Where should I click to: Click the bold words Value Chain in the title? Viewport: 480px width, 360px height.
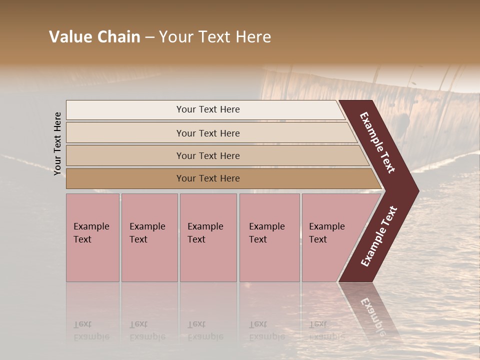94,37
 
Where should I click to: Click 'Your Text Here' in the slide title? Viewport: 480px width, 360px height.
215,37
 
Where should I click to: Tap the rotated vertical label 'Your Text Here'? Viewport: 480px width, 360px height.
57,143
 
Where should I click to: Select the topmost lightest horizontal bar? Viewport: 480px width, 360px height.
125,110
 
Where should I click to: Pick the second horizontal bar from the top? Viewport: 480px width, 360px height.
125,133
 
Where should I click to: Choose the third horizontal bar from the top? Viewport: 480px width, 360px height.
125,155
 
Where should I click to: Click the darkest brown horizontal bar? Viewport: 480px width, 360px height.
125,178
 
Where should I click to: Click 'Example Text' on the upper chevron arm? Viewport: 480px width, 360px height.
377,142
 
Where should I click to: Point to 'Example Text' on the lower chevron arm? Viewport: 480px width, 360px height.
378,236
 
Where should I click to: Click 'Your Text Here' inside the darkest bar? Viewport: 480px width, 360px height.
208,178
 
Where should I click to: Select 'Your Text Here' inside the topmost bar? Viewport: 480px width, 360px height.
208,109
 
